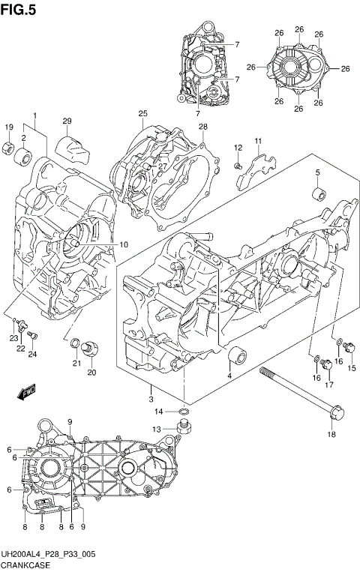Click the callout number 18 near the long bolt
pyautogui.click(x=331, y=434)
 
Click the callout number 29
pyautogui.click(x=66, y=121)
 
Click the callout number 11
pyautogui.click(x=257, y=142)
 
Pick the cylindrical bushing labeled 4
pyautogui.click(x=239, y=355)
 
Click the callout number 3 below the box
pyautogui.click(x=151, y=388)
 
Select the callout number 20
pyautogui.click(x=91, y=373)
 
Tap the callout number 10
pyautogui.click(x=124, y=244)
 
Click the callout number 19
pyautogui.click(x=10, y=127)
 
